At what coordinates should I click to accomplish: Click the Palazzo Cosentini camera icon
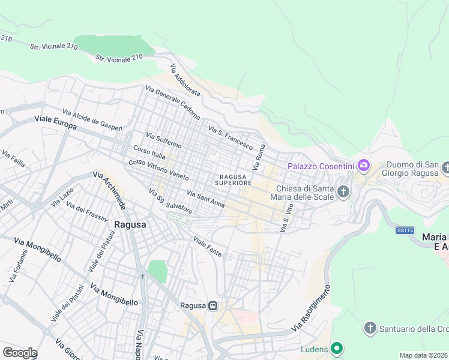(363, 165)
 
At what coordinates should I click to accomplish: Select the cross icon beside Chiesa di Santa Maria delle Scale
(343, 192)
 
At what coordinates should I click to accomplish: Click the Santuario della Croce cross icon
(370, 328)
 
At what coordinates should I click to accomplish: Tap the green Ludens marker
(337, 349)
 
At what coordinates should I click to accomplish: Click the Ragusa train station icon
(212, 305)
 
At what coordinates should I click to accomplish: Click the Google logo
(19, 353)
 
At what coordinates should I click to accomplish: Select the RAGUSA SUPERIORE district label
(231, 179)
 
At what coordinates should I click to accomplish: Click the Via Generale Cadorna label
(172, 103)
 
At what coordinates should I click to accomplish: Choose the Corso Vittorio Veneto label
(159, 170)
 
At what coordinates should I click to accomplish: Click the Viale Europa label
(55, 124)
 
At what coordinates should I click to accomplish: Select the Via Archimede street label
(109, 191)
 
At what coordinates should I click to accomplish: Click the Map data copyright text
(424, 355)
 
